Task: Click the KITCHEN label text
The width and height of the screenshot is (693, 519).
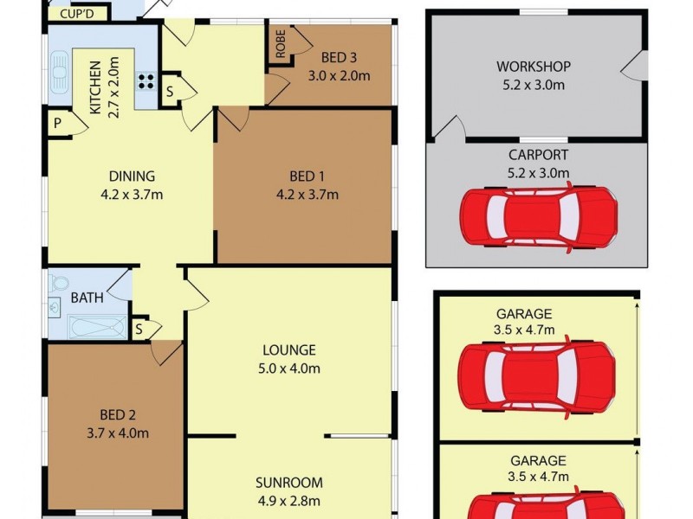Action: coord(96,87)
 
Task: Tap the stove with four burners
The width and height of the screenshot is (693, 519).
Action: coord(146,83)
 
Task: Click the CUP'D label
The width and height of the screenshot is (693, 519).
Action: coord(78,14)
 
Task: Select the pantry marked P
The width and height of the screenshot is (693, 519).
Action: coord(57,123)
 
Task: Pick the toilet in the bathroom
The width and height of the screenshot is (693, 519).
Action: coord(59,283)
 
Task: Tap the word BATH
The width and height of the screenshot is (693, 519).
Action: coord(87,298)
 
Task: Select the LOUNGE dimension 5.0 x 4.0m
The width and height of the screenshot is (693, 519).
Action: coord(290,368)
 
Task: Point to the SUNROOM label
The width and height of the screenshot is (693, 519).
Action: coord(288,483)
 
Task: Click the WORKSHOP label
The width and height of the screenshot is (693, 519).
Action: coord(534,67)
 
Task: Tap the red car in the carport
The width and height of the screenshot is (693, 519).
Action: coord(537,217)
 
